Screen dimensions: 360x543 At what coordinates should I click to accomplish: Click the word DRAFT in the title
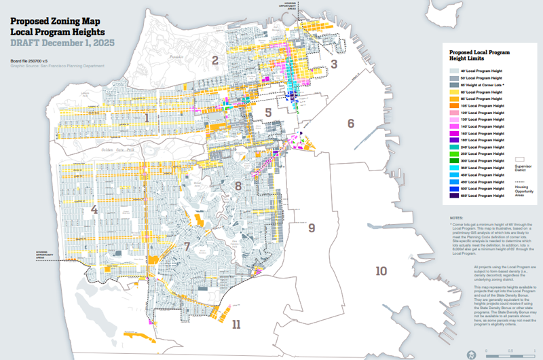click(x=28, y=42)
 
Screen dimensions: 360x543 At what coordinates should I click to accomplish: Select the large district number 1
click(x=146, y=118)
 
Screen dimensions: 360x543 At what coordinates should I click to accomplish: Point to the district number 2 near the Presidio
click(x=214, y=60)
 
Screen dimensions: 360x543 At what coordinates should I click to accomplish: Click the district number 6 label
click(x=351, y=123)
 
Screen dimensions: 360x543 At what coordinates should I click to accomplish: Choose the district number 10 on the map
click(x=381, y=271)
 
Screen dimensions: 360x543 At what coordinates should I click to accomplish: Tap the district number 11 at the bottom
click(x=236, y=324)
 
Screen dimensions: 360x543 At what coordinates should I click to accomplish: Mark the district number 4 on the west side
click(x=94, y=210)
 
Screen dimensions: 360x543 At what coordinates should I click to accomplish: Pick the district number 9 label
click(x=312, y=227)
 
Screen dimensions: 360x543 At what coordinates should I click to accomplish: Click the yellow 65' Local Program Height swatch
click(x=454, y=91)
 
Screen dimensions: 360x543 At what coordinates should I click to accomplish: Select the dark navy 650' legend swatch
click(x=454, y=196)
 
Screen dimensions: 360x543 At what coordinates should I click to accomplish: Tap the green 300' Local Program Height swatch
click(x=454, y=161)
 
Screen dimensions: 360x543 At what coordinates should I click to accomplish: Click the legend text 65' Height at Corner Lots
click(x=485, y=84)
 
